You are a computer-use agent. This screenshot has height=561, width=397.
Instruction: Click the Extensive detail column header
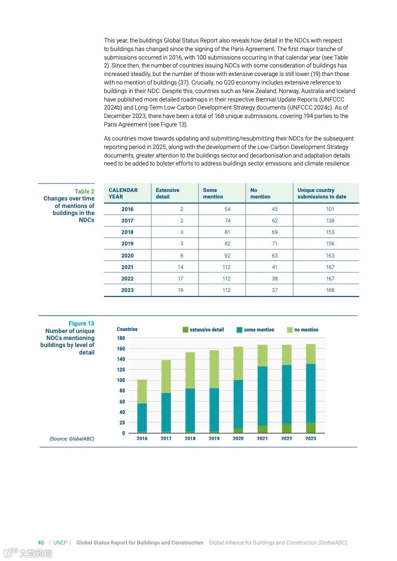(x=167, y=193)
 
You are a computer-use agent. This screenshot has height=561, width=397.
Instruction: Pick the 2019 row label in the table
(x=127, y=244)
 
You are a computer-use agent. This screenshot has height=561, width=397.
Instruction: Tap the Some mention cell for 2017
(x=227, y=220)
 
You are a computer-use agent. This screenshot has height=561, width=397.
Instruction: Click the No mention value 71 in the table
(x=274, y=244)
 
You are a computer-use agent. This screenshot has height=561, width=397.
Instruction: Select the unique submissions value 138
(x=330, y=220)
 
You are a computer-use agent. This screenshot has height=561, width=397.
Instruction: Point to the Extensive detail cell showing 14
(x=180, y=267)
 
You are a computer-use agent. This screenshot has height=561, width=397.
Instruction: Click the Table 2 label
(x=84, y=191)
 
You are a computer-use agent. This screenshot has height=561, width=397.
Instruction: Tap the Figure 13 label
(x=81, y=323)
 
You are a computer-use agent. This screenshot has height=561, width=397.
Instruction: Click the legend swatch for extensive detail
(x=186, y=330)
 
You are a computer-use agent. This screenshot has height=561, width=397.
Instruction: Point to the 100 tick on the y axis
(x=121, y=380)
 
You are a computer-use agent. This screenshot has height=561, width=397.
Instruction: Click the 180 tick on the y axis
(x=121, y=338)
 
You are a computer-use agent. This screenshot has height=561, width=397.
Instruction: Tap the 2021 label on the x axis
(x=262, y=438)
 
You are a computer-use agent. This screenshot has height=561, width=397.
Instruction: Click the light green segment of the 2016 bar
(x=142, y=391)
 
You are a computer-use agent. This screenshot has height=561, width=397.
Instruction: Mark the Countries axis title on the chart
(x=127, y=329)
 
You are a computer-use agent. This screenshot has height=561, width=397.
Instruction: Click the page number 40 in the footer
(x=41, y=542)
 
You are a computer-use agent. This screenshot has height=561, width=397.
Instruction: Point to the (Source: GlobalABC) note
(x=72, y=438)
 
